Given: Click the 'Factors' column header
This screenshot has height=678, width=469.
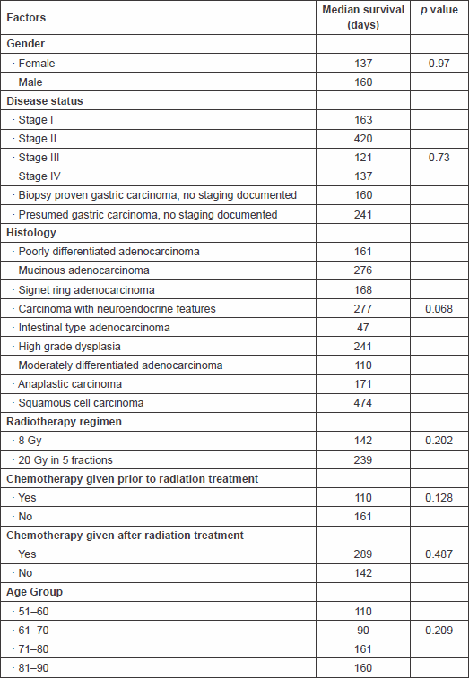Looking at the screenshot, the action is pyautogui.click(x=26, y=18).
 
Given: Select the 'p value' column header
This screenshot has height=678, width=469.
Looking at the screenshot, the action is pyautogui.click(x=439, y=10).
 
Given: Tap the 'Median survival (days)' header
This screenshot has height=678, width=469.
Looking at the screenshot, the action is pyautogui.click(x=363, y=17).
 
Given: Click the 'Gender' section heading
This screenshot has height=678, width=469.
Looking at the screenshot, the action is pyautogui.click(x=25, y=44).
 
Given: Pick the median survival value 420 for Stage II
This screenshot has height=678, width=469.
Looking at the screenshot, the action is pyautogui.click(x=363, y=139).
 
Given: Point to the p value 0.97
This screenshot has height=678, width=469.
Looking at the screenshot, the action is pyautogui.click(x=439, y=63).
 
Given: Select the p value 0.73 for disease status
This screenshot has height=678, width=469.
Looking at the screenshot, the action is pyautogui.click(x=439, y=158).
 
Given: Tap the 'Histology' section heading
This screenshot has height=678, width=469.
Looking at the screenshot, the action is pyautogui.click(x=31, y=233).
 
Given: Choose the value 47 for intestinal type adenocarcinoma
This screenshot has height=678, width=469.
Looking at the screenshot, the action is pyautogui.click(x=363, y=327).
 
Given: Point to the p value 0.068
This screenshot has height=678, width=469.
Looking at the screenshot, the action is pyautogui.click(x=439, y=309).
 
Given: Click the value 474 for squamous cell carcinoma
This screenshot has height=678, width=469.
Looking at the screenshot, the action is pyautogui.click(x=363, y=403).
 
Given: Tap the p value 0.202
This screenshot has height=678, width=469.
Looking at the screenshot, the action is pyautogui.click(x=439, y=440).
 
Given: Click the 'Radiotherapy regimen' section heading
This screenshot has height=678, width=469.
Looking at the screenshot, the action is pyautogui.click(x=64, y=422).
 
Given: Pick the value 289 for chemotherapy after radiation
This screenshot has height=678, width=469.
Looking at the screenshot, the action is pyautogui.click(x=363, y=554).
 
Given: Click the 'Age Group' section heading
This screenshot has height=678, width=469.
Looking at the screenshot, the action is pyautogui.click(x=35, y=591).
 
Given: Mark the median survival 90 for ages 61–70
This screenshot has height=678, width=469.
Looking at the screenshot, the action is pyautogui.click(x=363, y=631).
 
